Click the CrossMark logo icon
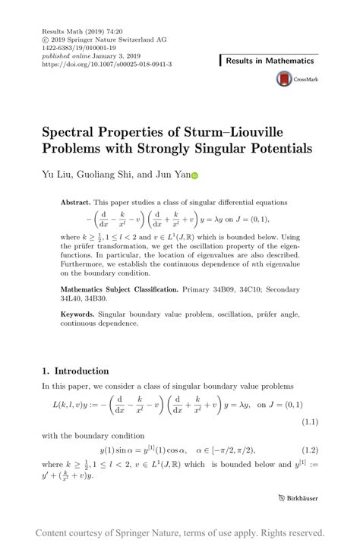point(284,80)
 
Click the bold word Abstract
point(74,203)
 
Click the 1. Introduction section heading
point(75,371)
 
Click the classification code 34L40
point(72,298)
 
